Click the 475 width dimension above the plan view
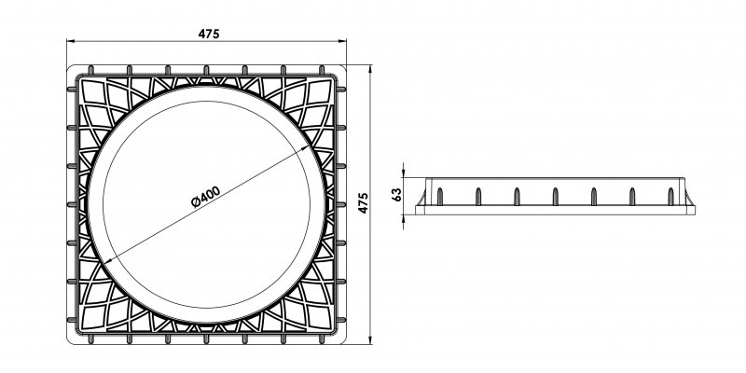(209, 35)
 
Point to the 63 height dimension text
(396, 195)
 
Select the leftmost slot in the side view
(437, 196)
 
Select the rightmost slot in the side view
(670, 196)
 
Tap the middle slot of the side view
(554, 196)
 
